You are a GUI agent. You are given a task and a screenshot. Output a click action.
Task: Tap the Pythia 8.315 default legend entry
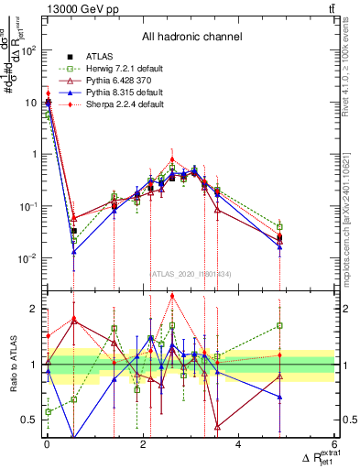120,93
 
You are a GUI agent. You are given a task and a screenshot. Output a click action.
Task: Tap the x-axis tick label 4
238,444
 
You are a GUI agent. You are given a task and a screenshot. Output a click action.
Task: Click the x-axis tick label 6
333,444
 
